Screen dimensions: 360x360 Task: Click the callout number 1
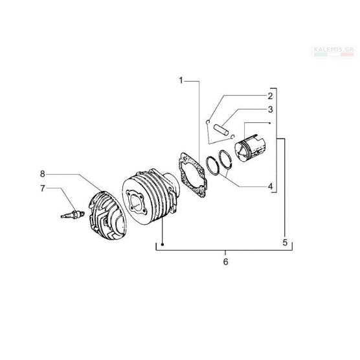coord(181,80)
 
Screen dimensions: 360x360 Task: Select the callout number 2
coord(270,96)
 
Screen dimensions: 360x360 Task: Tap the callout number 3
coord(271,109)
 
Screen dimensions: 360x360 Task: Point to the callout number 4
coord(271,186)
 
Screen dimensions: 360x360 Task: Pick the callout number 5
coord(285,242)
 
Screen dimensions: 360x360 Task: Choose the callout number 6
coord(226,262)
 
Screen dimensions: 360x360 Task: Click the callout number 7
coord(43,188)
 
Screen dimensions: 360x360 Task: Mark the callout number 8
coord(43,174)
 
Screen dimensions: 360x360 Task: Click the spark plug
coord(73,214)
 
